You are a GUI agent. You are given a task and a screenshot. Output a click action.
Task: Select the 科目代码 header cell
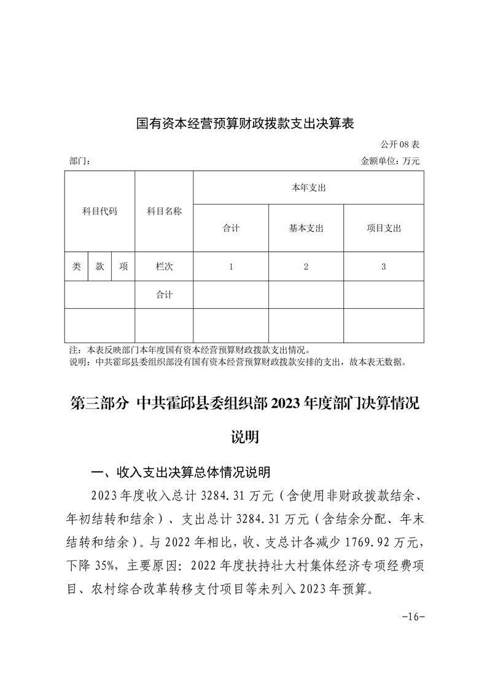[99, 211]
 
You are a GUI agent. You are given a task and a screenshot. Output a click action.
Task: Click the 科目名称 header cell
[164, 211]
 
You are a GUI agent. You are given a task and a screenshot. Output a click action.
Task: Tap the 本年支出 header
[308, 188]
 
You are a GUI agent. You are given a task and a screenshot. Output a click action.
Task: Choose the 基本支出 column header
[306, 228]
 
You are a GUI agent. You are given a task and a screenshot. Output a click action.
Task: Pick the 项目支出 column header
[383, 228]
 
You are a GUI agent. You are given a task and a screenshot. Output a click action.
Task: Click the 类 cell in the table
[76, 267]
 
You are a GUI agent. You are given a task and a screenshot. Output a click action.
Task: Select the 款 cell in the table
[99, 267]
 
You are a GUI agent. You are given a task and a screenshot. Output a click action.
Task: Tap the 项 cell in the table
[123, 267]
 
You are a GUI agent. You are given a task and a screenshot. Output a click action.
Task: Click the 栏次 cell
[164, 267]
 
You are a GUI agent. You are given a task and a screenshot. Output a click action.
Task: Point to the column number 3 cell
[383, 267]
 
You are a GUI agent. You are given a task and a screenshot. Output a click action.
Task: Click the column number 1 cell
[231, 267]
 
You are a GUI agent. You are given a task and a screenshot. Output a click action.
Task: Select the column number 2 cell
[306, 267]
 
